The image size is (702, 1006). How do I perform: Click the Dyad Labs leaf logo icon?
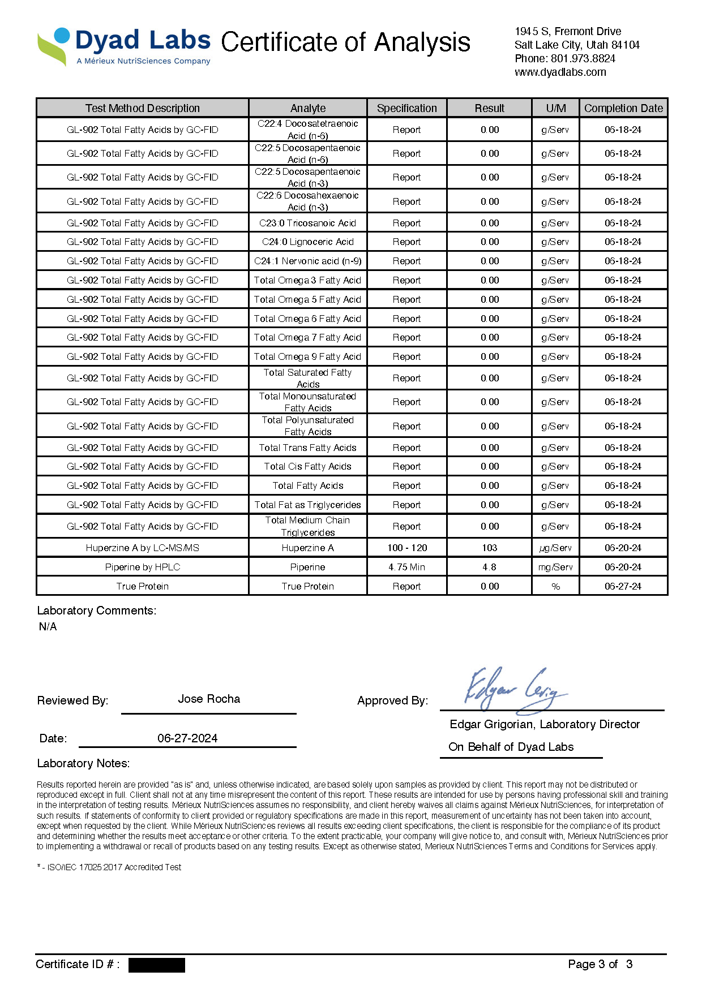(x=53, y=46)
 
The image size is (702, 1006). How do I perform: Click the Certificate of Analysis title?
(x=345, y=43)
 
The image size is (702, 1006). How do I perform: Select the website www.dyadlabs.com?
(x=560, y=72)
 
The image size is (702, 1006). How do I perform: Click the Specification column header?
(x=406, y=108)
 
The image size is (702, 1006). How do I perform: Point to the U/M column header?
(x=555, y=108)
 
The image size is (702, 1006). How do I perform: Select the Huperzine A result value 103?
(x=489, y=548)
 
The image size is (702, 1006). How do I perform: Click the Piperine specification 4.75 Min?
(x=406, y=567)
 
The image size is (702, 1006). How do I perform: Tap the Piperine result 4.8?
(x=489, y=567)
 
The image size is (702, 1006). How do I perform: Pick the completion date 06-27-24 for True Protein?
(x=623, y=586)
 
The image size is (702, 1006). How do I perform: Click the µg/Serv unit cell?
(x=555, y=548)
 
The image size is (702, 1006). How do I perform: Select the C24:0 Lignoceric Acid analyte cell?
(x=307, y=242)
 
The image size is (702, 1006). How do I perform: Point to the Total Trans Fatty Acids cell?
(x=307, y=448)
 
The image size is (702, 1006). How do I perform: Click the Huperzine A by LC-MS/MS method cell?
(x=142, y=548)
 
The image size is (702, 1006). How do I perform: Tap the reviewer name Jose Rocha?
(x=209, y=699)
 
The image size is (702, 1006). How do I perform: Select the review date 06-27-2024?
(x=187, y=738)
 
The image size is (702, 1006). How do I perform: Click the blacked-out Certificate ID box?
(x=156, y=965)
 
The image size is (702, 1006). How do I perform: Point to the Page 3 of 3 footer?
(x=600, y=964)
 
